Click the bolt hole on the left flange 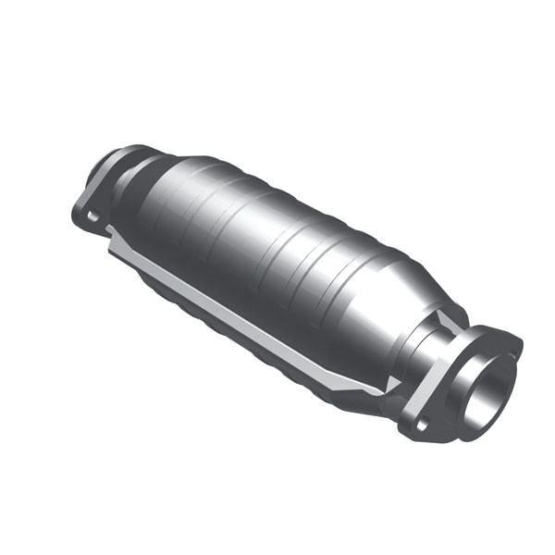[92, 216]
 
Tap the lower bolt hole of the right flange [423, 425]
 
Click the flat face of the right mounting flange [453, 412]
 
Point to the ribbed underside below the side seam [231, 333]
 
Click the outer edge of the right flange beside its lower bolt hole [412, 435]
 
